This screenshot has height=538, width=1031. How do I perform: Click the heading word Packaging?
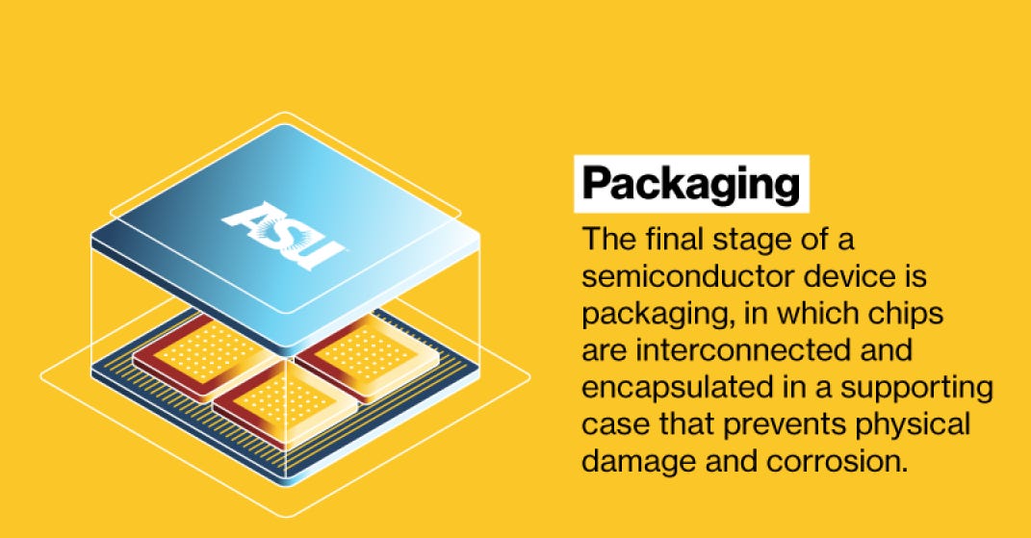[691, 184]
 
